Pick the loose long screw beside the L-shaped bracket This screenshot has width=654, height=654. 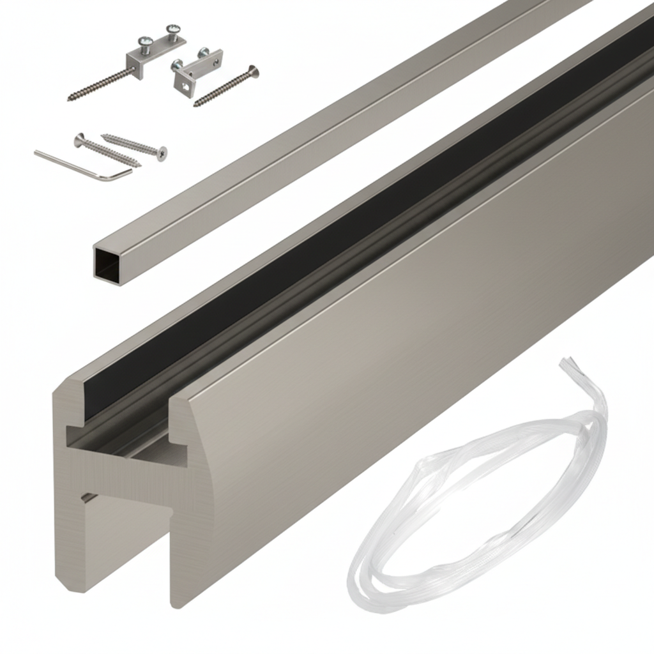pyautogui.click(x=226, y=86)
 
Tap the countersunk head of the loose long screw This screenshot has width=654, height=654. pyautogui.click(x=254, y=70)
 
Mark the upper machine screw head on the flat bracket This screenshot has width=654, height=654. pyautogui.click(x=172, y=30)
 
